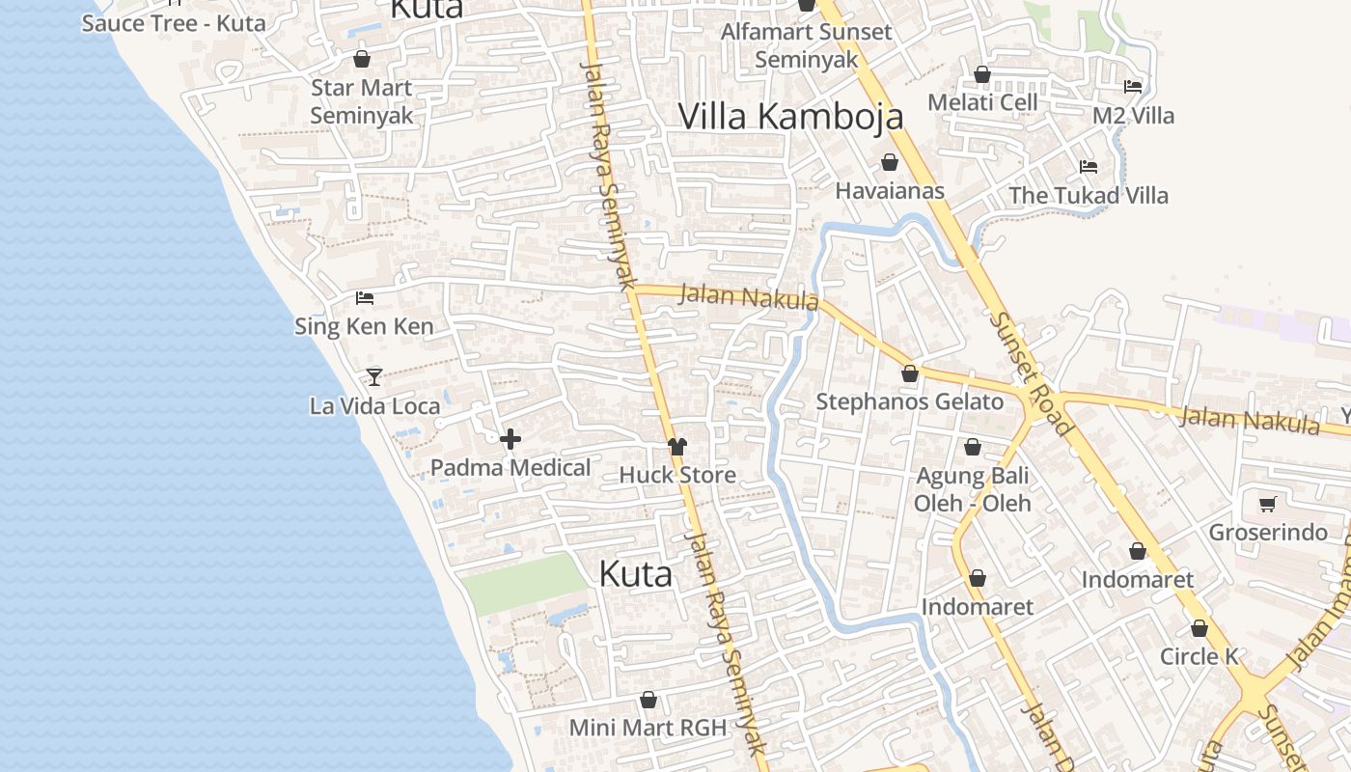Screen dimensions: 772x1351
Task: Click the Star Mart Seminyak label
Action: click(x=361, y=101)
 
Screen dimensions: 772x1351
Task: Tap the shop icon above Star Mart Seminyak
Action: click(x=362, y=60)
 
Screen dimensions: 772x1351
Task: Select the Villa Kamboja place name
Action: click(x=790, y=116)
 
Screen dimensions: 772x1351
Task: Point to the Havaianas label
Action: click(x=890, y=190)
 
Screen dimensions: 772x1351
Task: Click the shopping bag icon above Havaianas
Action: click(x=890, y=162)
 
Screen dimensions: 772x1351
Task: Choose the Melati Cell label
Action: click(x=982, y=102)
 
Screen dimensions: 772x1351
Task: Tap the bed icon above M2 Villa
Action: click(x=1133, y=87)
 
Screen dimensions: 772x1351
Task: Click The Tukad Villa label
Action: click(x=1089, y=195)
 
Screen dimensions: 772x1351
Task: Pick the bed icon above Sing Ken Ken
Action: click(x=364, y=297)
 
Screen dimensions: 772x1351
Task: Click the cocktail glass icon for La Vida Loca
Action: click(x=374, y=376)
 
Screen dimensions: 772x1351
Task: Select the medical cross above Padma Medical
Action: click(x=510, y=440)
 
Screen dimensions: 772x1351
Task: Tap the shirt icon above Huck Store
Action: click(x=677, y=446)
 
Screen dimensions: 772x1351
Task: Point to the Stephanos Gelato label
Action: click(x=910, y=401)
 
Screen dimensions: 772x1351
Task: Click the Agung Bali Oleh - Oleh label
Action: click(x=972, y=489)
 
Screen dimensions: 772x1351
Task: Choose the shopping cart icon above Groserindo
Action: click(x=1268, y=504)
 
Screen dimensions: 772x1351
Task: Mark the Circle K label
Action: click(x=1199, y=656)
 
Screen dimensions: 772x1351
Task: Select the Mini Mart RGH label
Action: click(x=648, y=728)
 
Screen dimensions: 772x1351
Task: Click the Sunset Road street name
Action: click(x=1031, y=372)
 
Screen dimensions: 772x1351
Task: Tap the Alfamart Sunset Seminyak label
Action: click(x=807, y=45)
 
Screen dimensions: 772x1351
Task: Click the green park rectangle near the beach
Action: click(x=524, y=584)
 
